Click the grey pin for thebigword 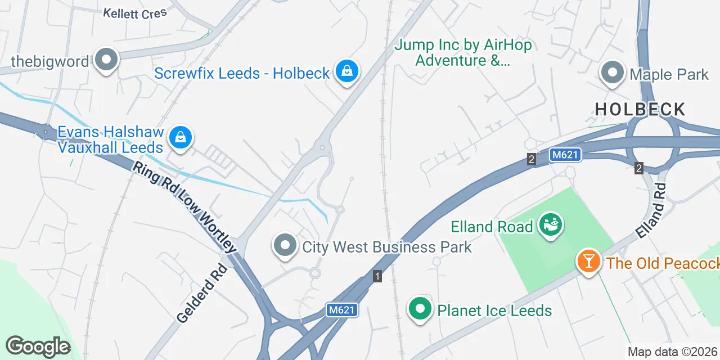tap(105, 60)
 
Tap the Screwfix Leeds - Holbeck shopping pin tap(348, 71)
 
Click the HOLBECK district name tap(640, 109)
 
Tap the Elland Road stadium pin tap(550, 225)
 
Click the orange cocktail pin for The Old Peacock tap(588, 262)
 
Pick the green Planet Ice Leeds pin tap(420, 309)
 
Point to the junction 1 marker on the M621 tap(377, 276)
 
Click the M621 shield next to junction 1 tap(341, 310)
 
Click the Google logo tap(38, 347)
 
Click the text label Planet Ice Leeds tap(494, 310)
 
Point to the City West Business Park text tap(387, 247)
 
